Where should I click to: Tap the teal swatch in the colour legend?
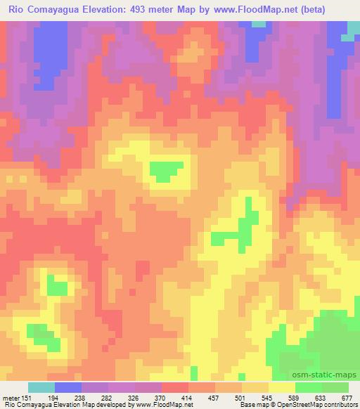[41, 387]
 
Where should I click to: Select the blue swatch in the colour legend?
[68, 387]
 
